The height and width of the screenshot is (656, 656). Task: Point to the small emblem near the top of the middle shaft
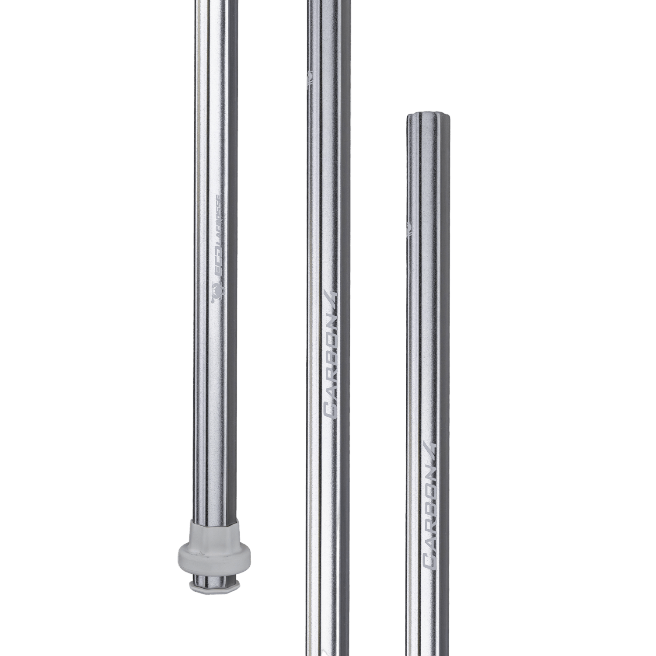coord(311,76)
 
